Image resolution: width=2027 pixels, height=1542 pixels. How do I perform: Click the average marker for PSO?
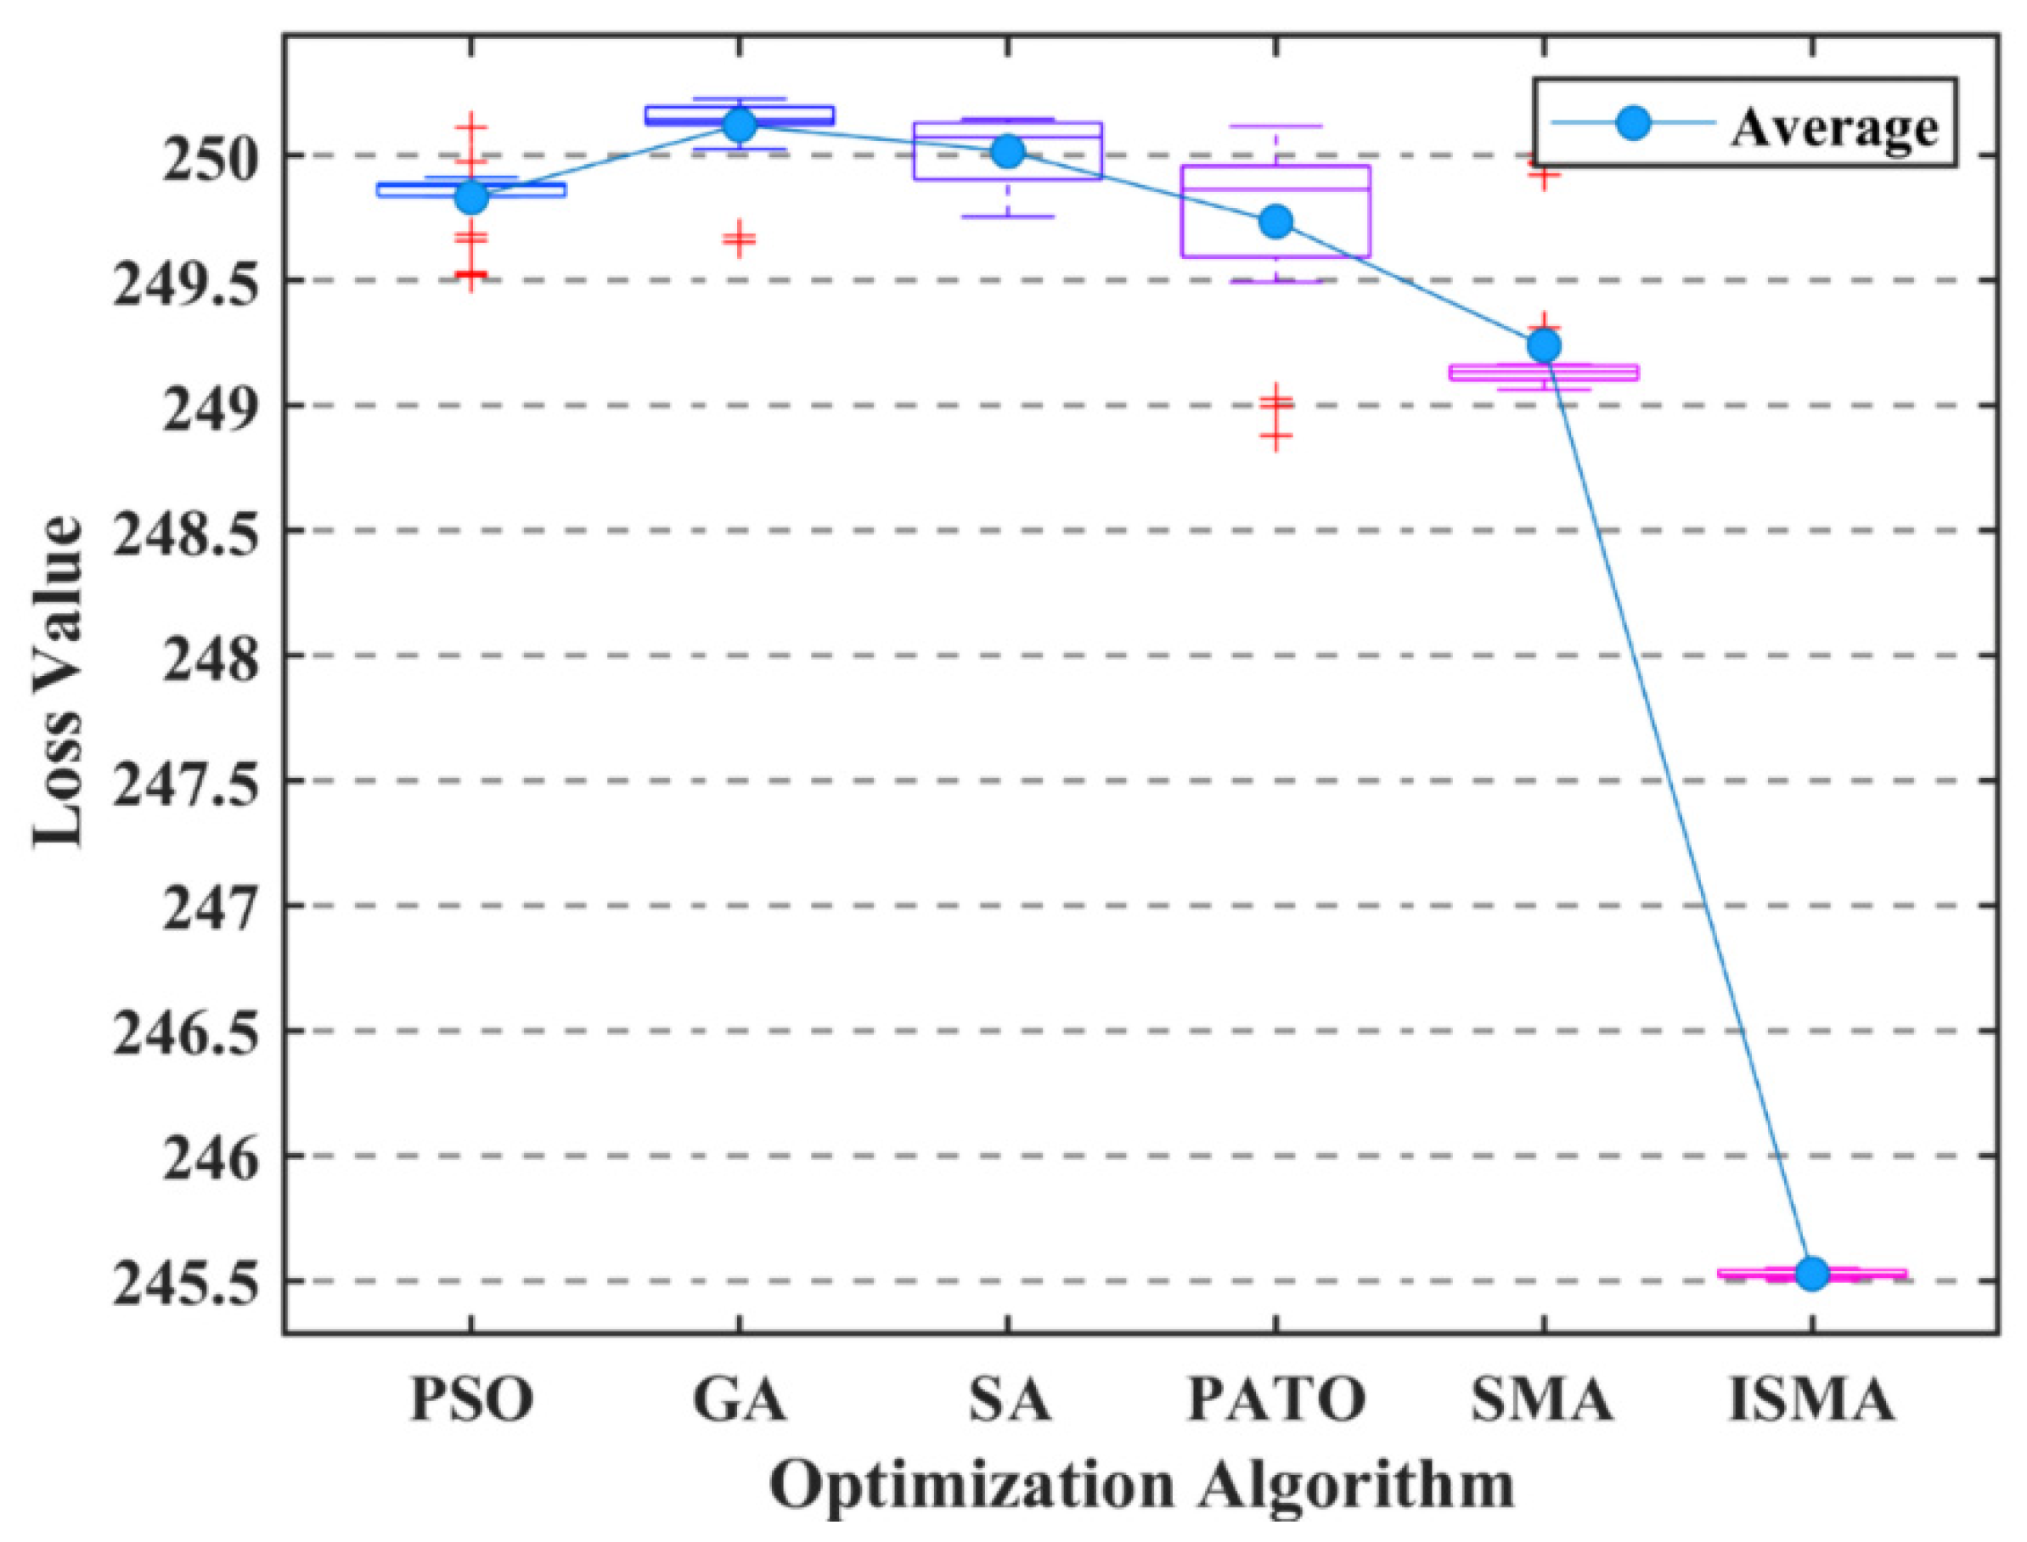pyautogui.click(x=471, y=196)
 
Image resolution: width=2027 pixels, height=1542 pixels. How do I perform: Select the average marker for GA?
pyautogui.click(x=739, y=125)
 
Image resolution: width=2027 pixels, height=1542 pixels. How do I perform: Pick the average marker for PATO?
pyautogui.click(x=1276, y=222)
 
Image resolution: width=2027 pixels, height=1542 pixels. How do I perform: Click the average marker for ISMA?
pyautogui.click(x=1812, y=1274)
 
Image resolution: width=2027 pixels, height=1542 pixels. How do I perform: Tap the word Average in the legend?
pyautogui.click(x=1833, y=128)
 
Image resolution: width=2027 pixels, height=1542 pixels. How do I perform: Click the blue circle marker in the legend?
pyautogui.click(x=1633, y=123)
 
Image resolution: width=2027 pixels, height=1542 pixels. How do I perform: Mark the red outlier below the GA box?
pyautogui.click(x=739, y=239)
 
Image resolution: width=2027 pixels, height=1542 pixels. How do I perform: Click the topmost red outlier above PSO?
pyautogui.click(x=471, y=126)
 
